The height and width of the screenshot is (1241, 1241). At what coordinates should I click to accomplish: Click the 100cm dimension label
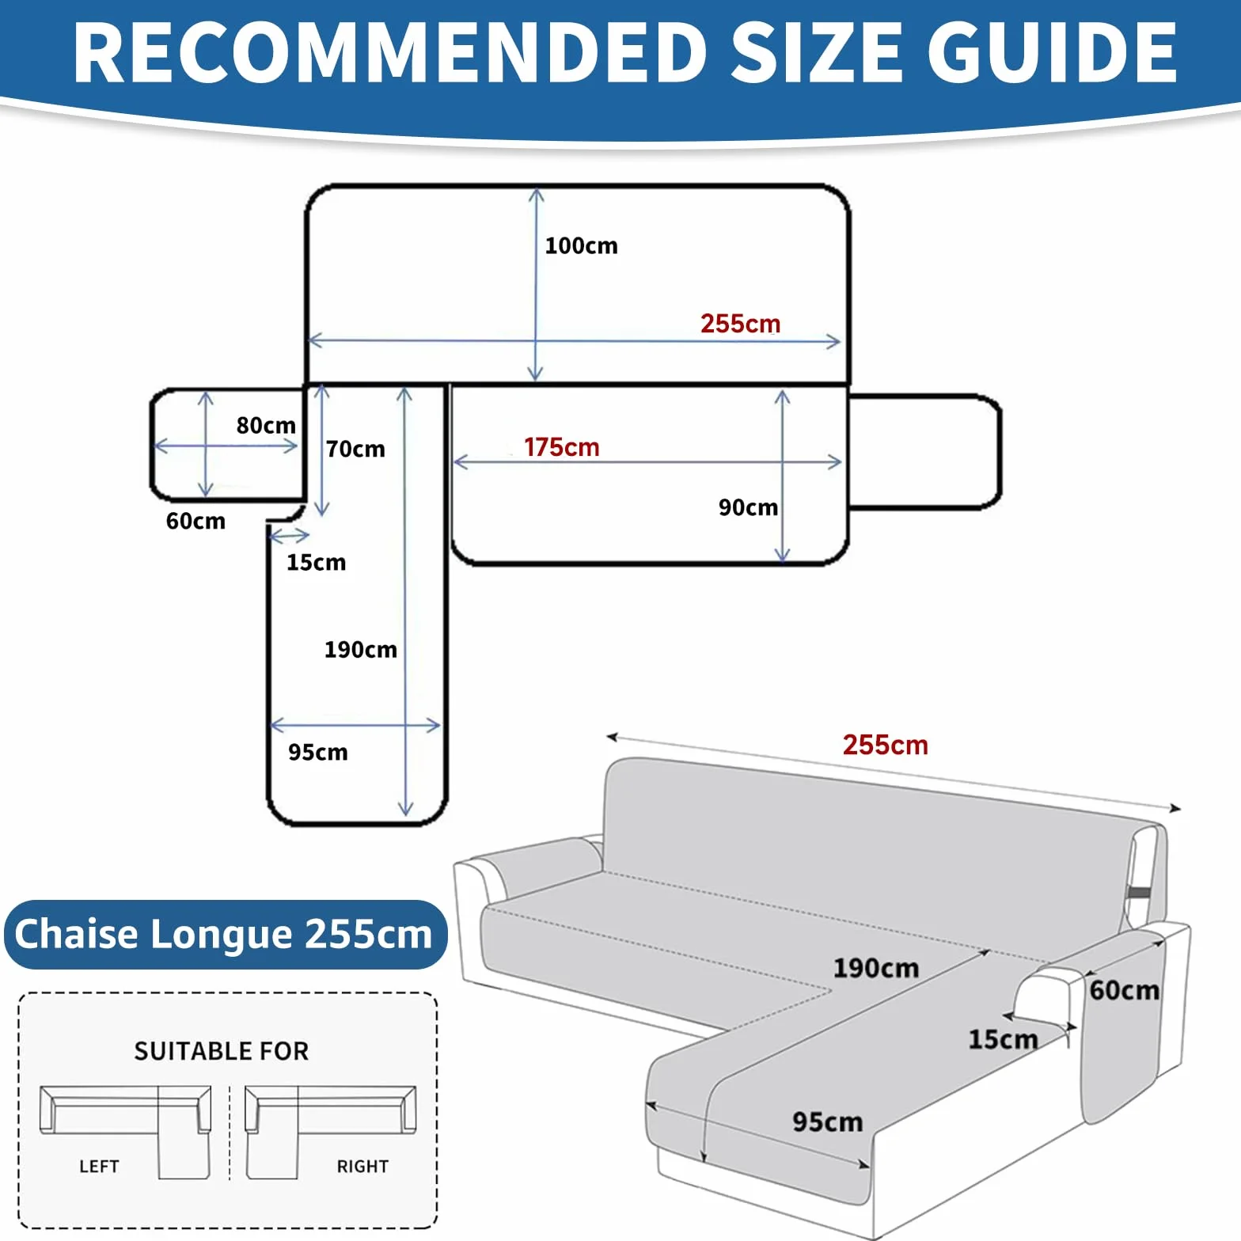[x=581, y=245]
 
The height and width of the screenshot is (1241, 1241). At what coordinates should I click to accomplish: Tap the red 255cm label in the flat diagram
[x=740, y=324]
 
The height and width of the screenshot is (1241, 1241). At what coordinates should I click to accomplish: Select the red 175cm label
[x=561, y=447]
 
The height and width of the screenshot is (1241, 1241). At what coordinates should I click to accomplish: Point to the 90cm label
[x=748, y=507]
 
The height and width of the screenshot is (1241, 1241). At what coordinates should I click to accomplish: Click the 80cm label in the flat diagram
[x=266, y=425]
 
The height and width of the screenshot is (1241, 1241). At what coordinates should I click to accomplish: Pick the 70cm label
[x=355, y=449]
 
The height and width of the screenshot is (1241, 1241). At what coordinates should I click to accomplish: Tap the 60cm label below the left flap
[x=195, y=521]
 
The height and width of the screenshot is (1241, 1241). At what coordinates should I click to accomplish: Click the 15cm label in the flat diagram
[x=316, y=562]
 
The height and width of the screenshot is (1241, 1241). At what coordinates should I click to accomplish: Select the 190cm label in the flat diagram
[x=360, y=650]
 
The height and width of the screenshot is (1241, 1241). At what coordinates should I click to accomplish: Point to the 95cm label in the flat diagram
[x=317, y=752]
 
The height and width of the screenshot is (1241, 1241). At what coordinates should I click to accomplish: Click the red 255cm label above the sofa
[x=885, y=745]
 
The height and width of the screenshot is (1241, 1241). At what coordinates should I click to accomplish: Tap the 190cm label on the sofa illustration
[x=875, y=968]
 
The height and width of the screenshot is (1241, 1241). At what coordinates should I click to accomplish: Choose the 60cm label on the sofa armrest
[x=1124, y=990]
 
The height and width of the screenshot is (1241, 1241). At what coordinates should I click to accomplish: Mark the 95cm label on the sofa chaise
[x=827, y=1121]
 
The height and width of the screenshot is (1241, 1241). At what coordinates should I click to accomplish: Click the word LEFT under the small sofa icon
[x=99, y=1167]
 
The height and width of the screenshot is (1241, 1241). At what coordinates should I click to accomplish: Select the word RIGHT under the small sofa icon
[x=362, y=1167]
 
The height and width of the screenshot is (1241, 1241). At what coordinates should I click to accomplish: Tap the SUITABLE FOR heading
[x=221, y=1051]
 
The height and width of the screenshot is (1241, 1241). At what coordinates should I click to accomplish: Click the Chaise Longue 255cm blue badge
[x=225, y=934]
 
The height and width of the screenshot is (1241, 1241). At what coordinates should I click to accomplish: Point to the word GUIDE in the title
[x=1052, y=52]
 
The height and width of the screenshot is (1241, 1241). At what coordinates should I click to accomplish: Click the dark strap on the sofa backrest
[x=1140, y=894]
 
